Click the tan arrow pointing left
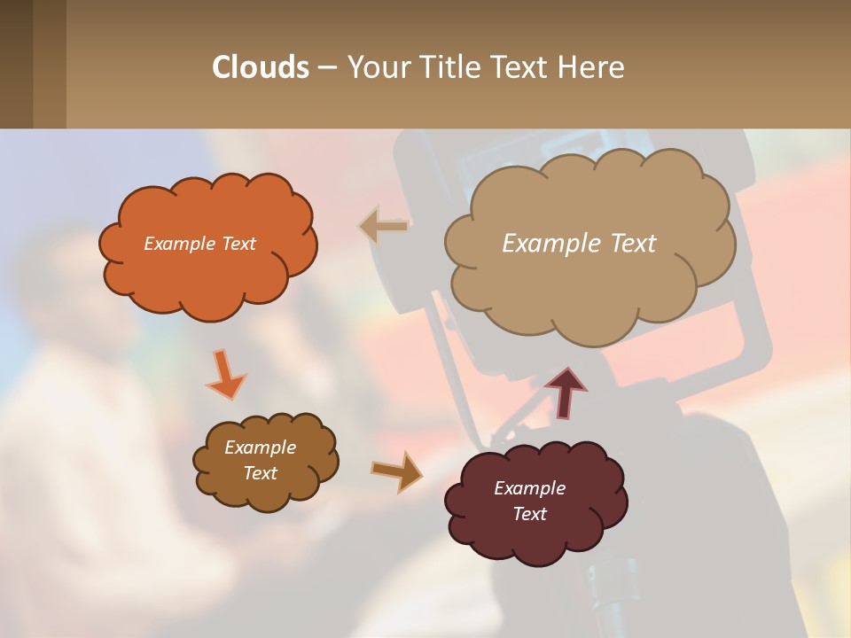[383, 227]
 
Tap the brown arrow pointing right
[396, 471]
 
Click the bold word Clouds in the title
[261, 67]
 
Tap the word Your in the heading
[379, 67]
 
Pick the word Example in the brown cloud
[260, 447]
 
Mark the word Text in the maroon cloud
[529, 514]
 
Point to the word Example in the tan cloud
[550, 244]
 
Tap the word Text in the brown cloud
[260, 473]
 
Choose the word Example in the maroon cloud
[529, 488]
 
